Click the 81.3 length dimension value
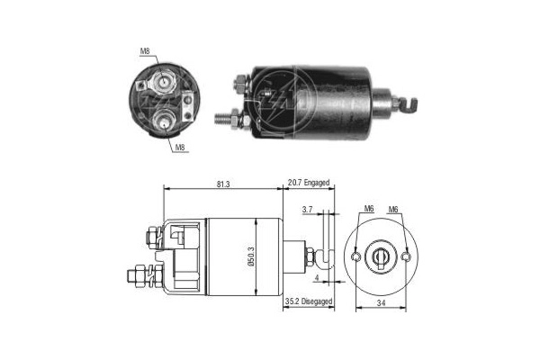tap(221, 184)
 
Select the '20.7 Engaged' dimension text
tap(309, 183)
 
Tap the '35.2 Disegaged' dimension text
tap(309, 301)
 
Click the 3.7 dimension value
tap(307, 209)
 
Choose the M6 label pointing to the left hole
tap(369, 210)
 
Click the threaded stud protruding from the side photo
tap(225, 117)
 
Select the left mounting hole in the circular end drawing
tap(358, 257)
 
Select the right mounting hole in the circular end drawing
tap(407, 257)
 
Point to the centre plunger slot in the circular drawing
tap(382, 257)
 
